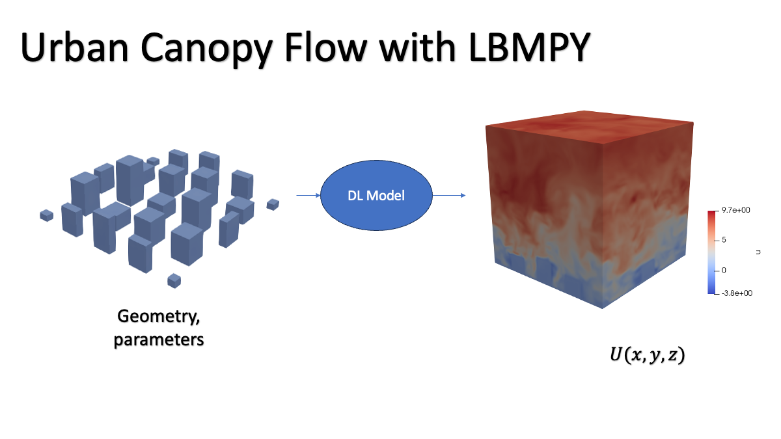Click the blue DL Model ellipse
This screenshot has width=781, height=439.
[376, 195]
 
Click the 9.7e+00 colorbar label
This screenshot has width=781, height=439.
[737, 211]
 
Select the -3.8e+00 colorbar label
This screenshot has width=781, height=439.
[736, 293]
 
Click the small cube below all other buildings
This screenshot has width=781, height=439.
[174, 280]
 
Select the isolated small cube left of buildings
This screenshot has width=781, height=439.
[46, 215]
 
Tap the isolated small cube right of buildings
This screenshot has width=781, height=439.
[273, 204]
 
